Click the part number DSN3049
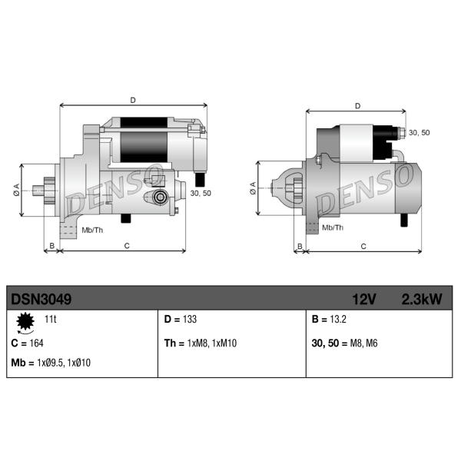[x=41, y=300]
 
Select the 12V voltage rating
[x=364, y=300]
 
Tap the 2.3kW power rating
[x=422, y=300]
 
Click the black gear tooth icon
[x=25, y=321]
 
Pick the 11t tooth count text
[x=51, y=319]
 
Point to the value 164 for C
[x=36, y=343]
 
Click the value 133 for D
[x=190, y=319]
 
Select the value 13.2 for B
[x=338, y=319]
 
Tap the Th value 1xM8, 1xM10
[x=212, y=343]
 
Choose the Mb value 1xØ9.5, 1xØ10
[x=64, y=363]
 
